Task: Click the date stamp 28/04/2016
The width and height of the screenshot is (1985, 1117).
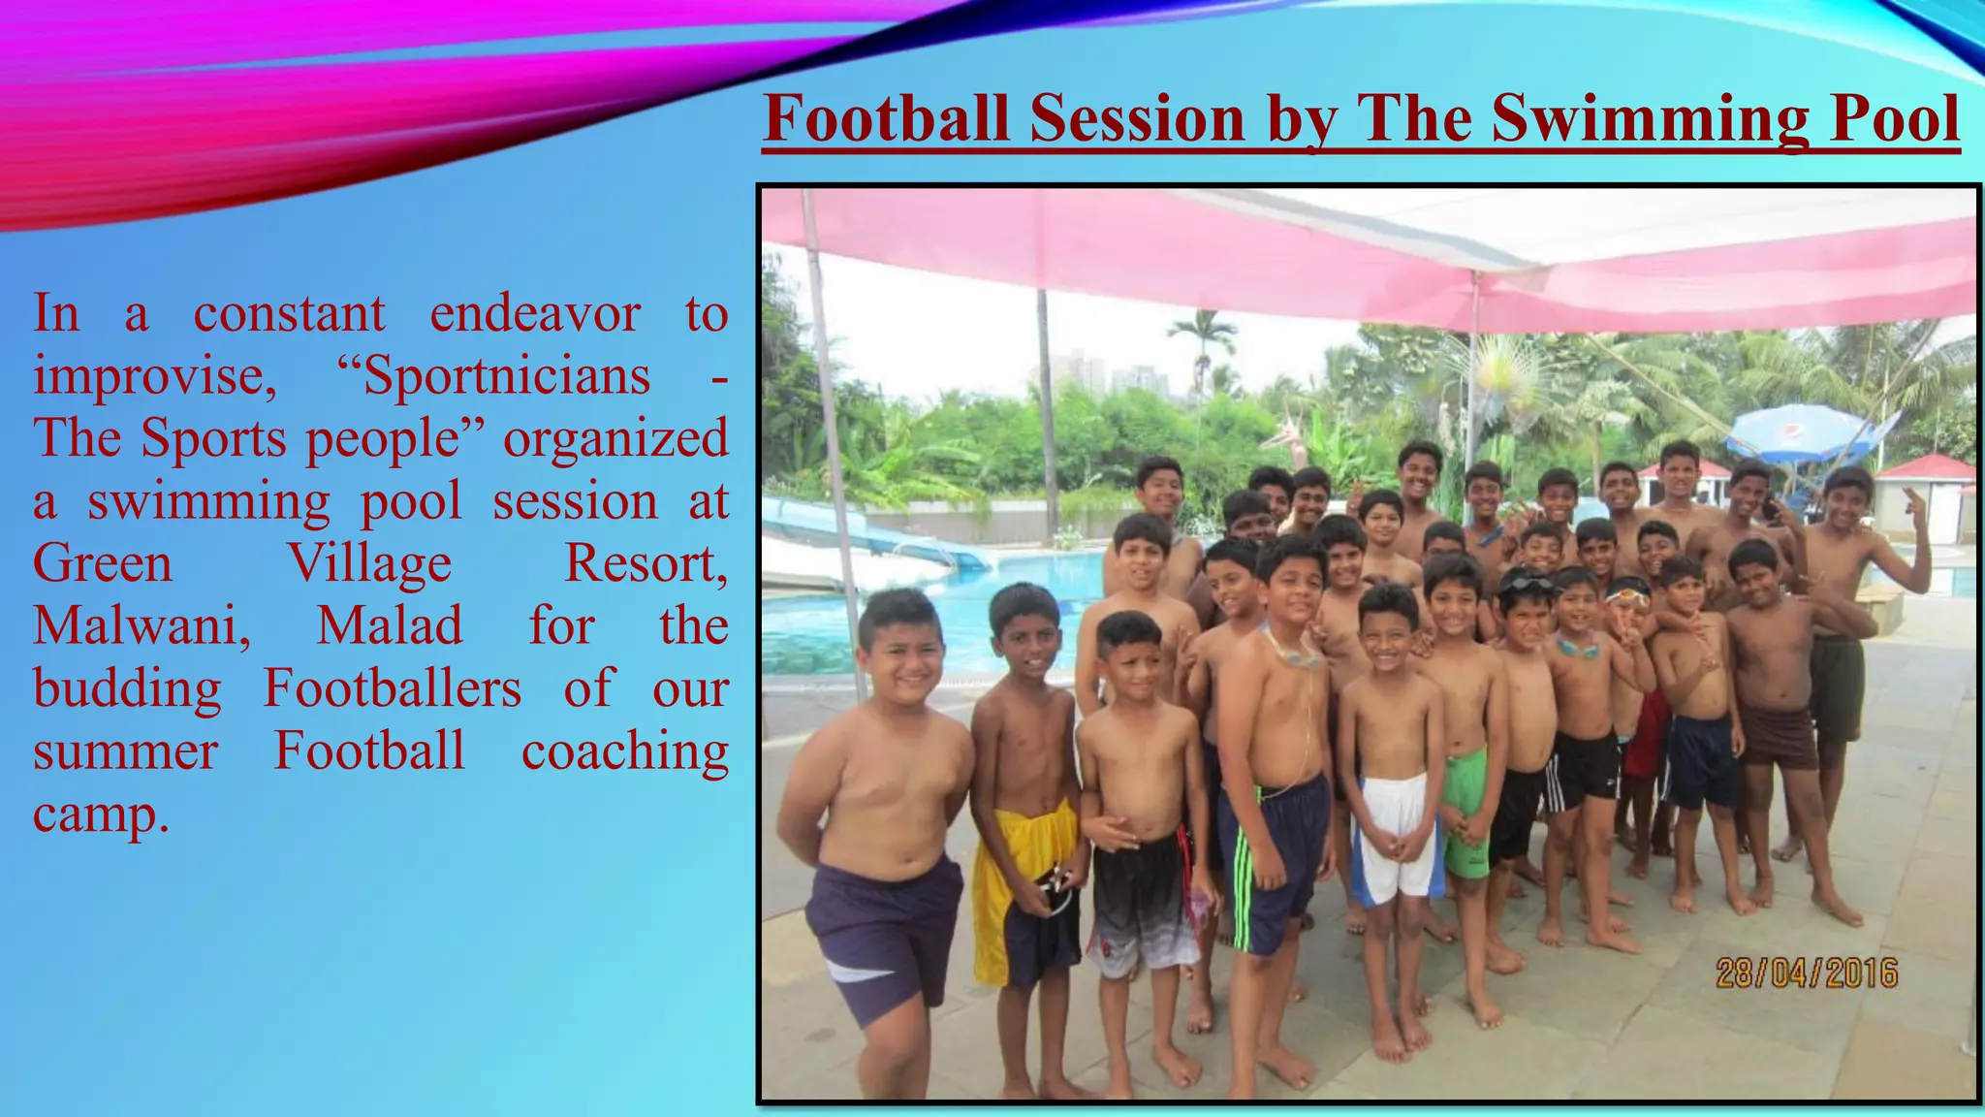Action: click(x=1806, y=973)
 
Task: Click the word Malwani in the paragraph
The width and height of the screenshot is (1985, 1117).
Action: click(x=142, y=625)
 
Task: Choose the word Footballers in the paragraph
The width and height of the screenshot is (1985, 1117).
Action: click(x=393, y=688)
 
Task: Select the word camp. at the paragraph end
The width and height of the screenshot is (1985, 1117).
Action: click(x=101, y=814)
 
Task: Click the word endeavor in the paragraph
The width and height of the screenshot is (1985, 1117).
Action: click(x=535, y=313)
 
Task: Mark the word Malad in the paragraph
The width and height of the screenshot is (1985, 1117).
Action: click(x=390, y=625)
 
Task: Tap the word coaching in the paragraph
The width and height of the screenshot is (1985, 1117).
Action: click(x=625, y=751)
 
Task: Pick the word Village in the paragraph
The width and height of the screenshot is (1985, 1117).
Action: click(x=369, y=563)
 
